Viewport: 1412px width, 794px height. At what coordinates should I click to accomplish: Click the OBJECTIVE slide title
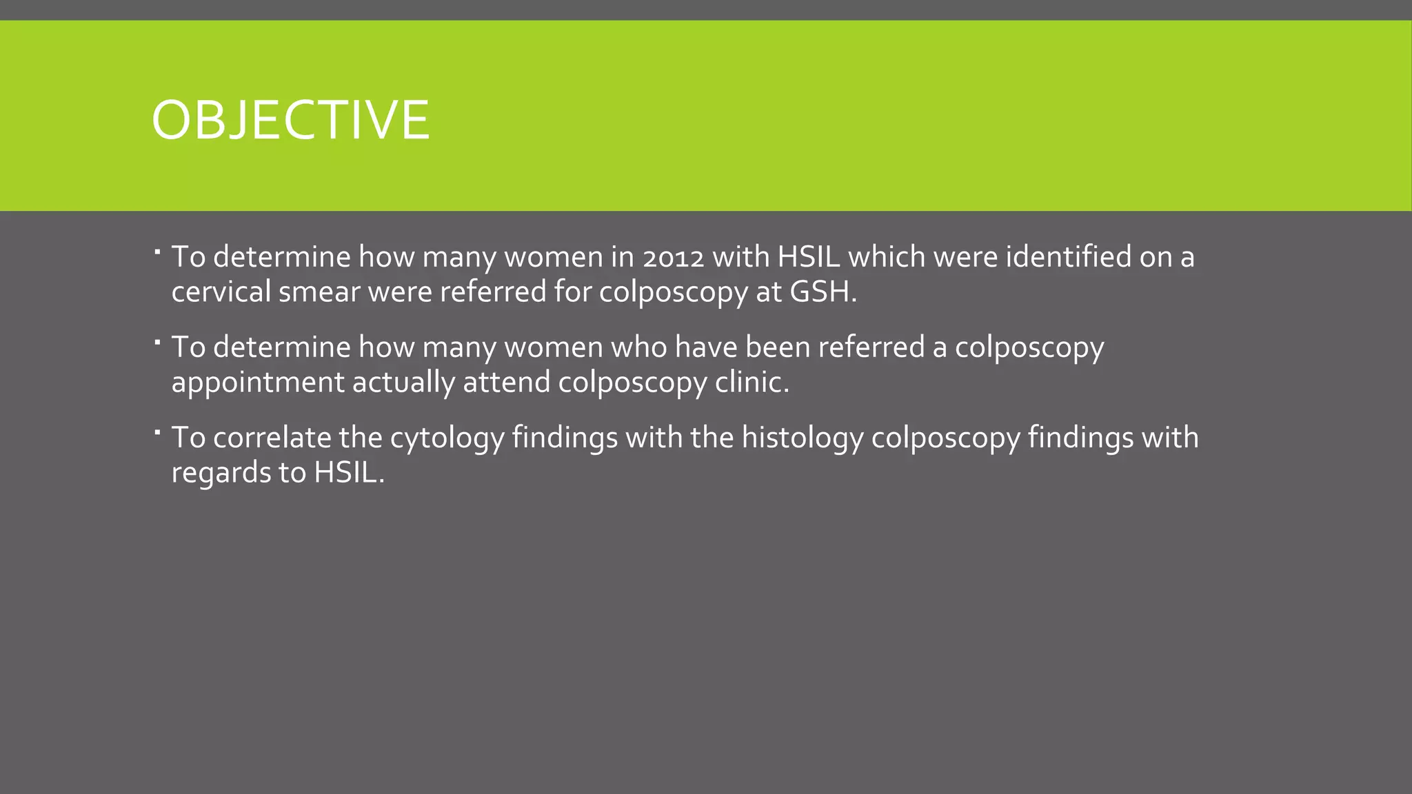pyautogui.click(x=290, y=120)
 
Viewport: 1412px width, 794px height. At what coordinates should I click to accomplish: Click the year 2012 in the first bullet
pyautogui.click(x=672, y=258)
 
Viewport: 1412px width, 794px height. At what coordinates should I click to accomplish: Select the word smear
pyautogui.click(x=319, y=292)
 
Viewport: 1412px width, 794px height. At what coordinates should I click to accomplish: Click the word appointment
pyautogui.click(x=257, y=383)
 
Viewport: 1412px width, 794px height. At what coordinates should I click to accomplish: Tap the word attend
pyautogui.click(x=506, y=382)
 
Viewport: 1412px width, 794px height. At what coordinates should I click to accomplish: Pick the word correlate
pyautogui.click(x=272, y=438)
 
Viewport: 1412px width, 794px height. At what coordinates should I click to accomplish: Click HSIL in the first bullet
pyautogui.click(x=809, y=256)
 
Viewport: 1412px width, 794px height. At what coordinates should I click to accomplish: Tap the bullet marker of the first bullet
pyautogui.click(x=157, y=252)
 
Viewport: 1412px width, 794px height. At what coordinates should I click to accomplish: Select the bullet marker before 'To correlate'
pyautogui.click(x=157, y=433)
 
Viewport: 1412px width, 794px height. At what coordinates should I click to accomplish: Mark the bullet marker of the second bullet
pyautogui.click(x=157, y=342)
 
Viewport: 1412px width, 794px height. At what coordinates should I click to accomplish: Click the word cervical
pyautogui.click(x=221, y=292)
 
